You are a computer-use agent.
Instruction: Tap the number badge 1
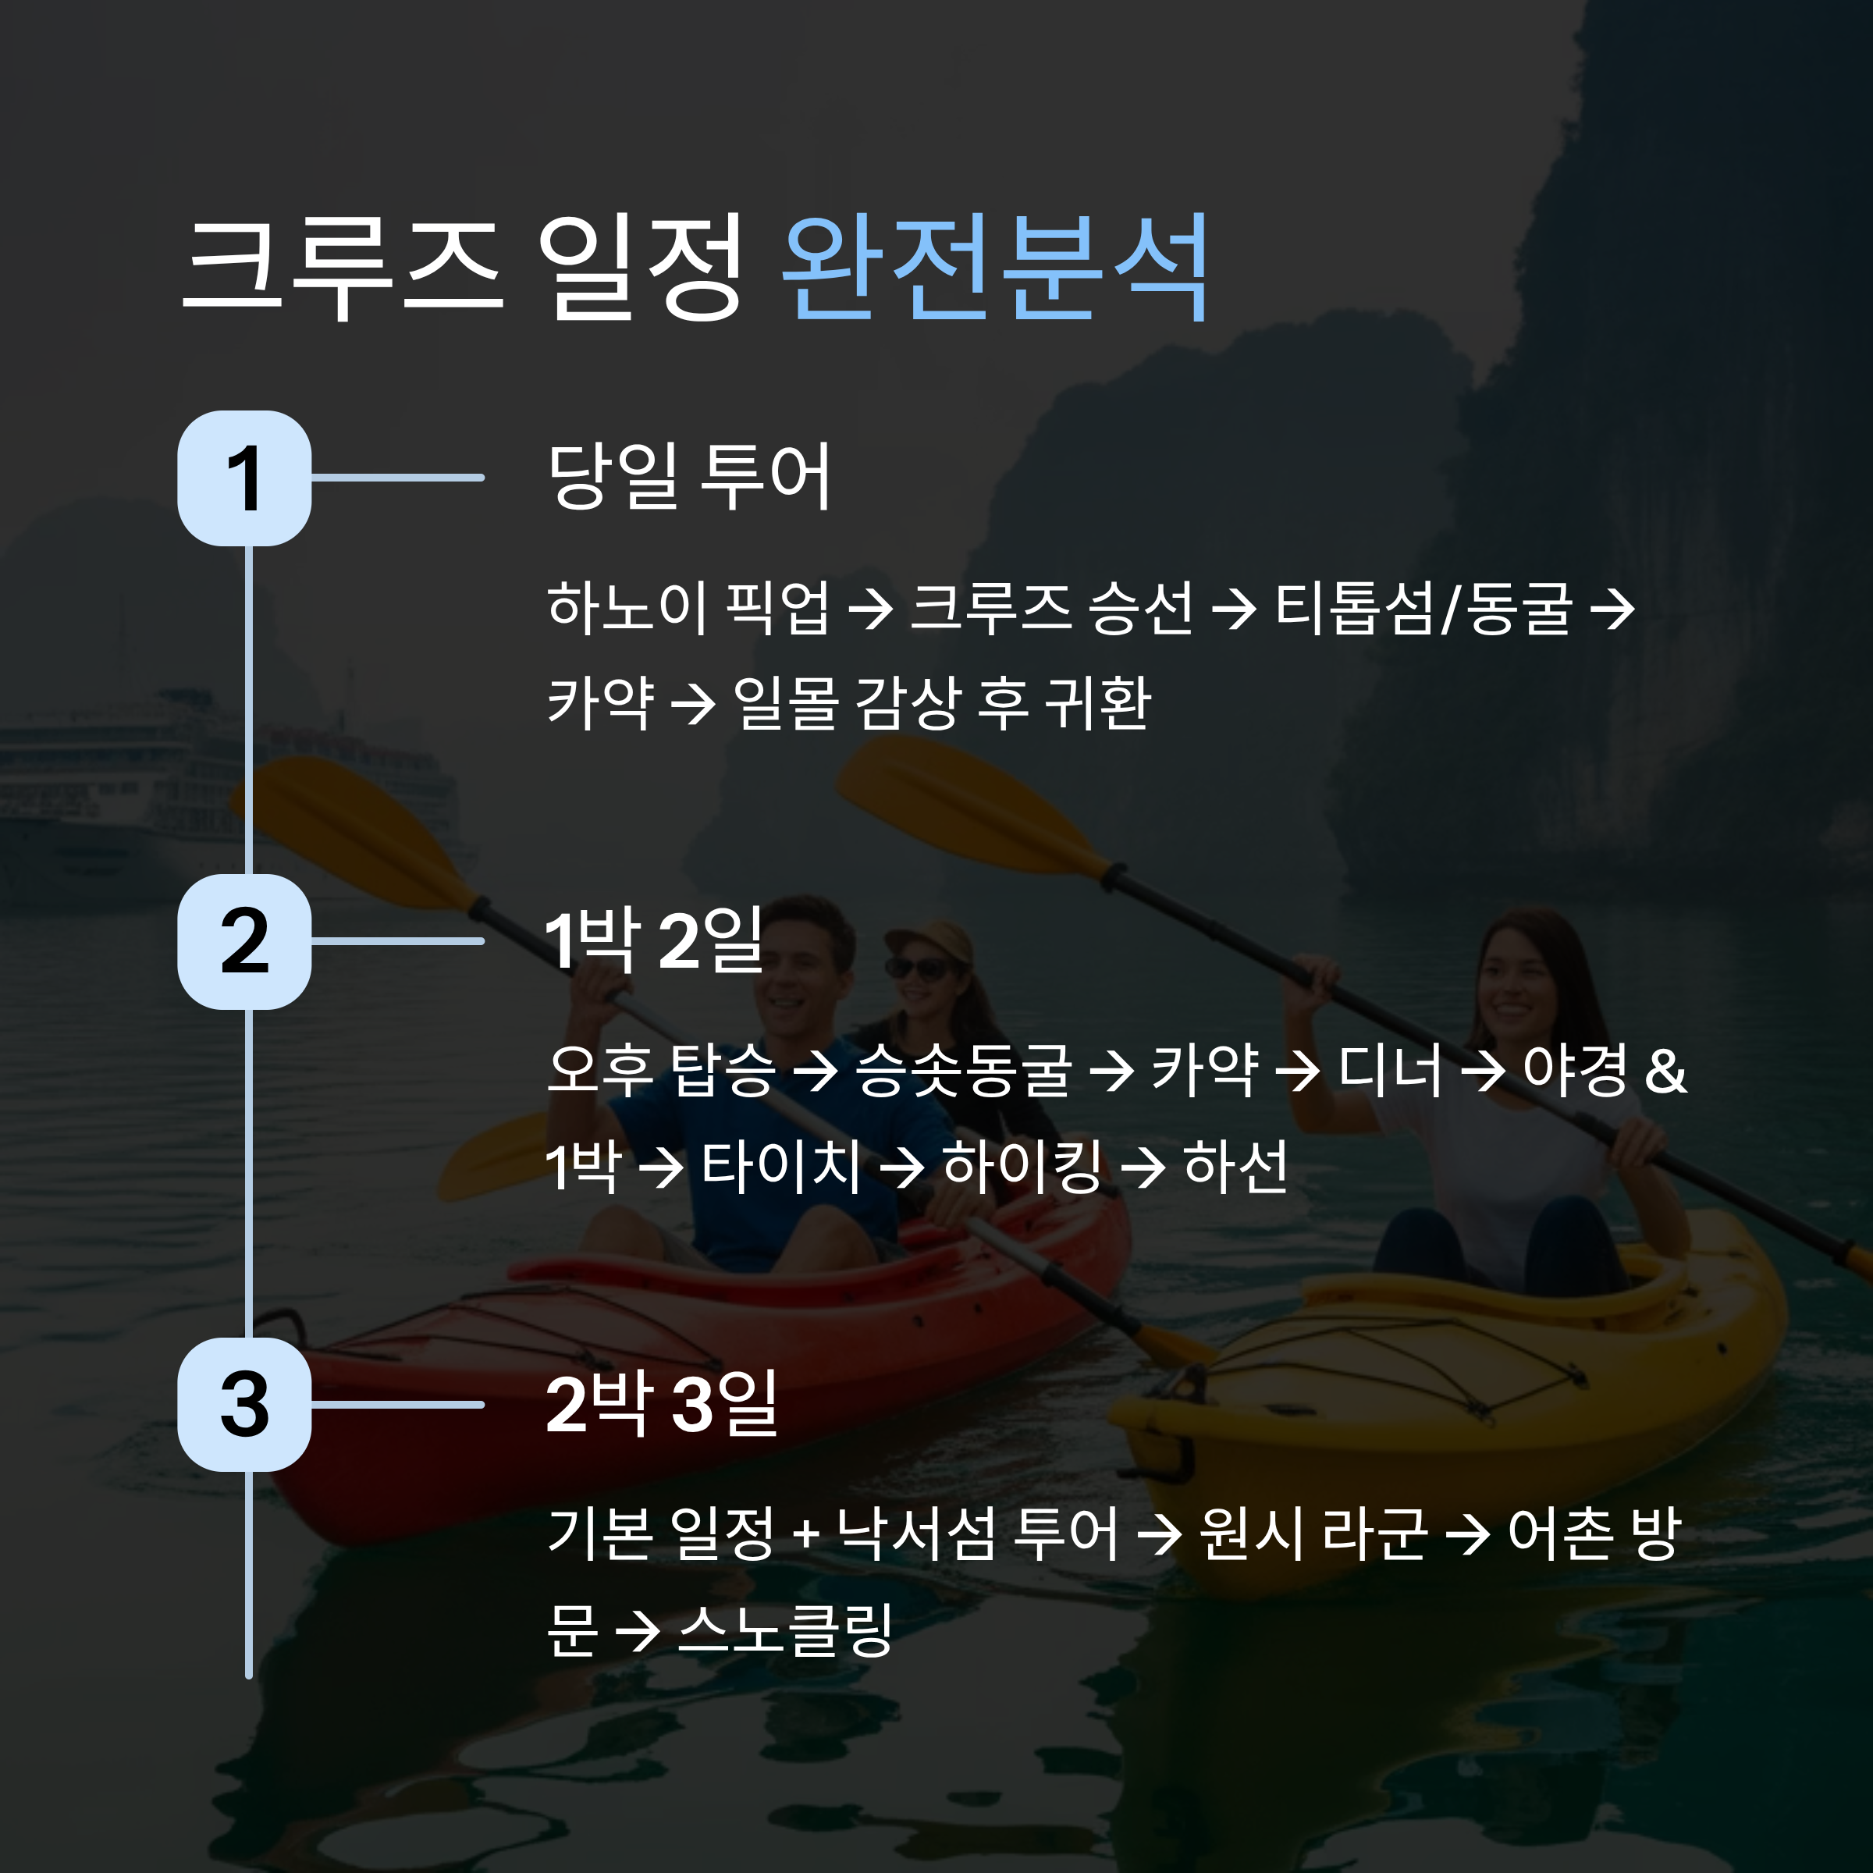point(244,478)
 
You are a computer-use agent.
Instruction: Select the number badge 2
point(244,941)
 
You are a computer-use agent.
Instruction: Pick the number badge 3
point(244,1405)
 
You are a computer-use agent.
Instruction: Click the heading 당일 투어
point(689,476)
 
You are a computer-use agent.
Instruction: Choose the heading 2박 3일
point(662,1403)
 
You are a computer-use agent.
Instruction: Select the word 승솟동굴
point(964,1072)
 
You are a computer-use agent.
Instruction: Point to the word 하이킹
point(1022,1166)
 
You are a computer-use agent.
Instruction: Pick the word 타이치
point(781,1166)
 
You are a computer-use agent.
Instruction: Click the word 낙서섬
point(916,1534)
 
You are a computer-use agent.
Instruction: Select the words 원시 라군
point(1313,1534)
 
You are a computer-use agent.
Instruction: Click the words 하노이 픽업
point(688,609)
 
